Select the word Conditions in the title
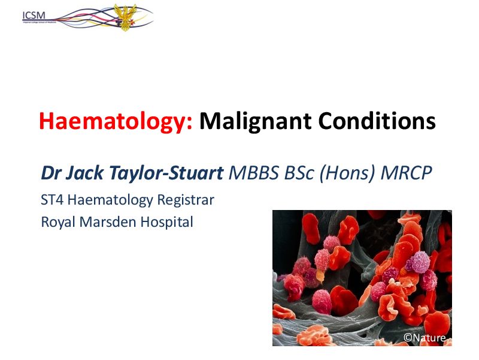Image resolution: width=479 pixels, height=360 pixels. pos(377,121)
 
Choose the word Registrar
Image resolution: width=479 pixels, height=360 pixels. pos(188,199)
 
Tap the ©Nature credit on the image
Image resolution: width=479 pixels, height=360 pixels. pos(425,338)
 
